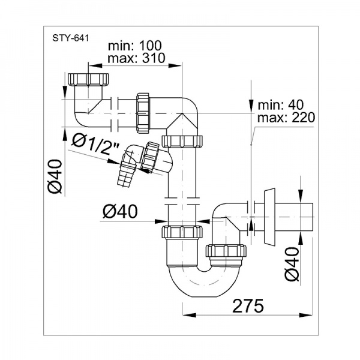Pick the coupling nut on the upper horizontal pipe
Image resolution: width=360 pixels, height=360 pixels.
click(x=143, y=112)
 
